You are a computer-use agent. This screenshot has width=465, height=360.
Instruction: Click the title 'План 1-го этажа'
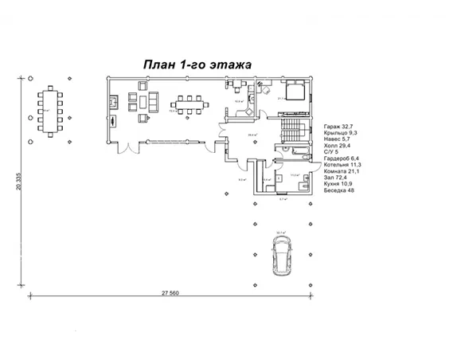pyautogui.click(x=197, y=64)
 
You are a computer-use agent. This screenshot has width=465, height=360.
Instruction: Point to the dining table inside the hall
pyautogui.click(x=190, y=104)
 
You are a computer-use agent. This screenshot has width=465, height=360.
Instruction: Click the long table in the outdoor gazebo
pyautogui.click(x=50, y=111)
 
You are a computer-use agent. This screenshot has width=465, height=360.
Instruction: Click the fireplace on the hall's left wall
pyautogui.click(x=112, y=121)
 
